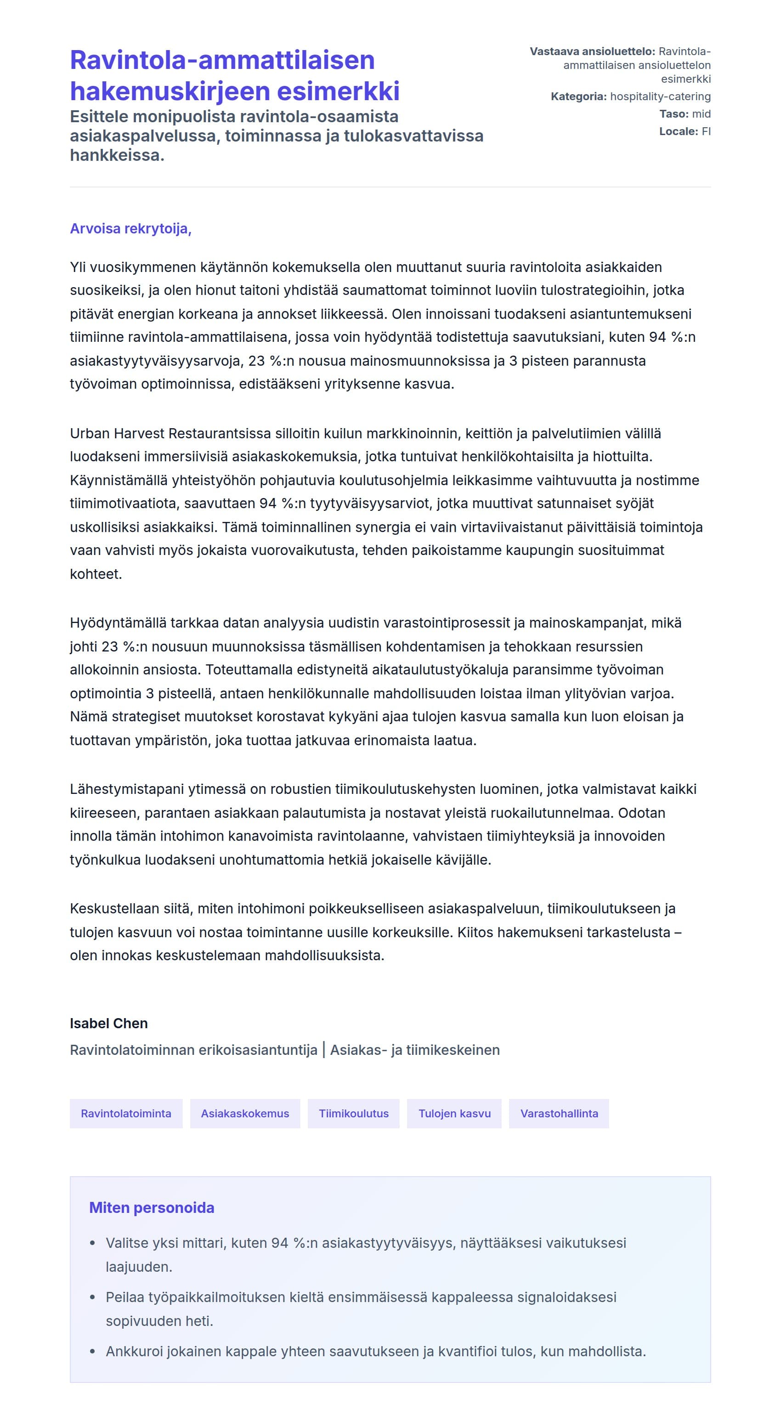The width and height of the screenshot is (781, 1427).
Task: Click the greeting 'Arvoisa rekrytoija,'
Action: click(x=131, y=229)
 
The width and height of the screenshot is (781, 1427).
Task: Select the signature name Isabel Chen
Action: click(x=108, y=1023)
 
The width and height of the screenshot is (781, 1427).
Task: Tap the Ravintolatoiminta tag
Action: click(x=126, y=1114)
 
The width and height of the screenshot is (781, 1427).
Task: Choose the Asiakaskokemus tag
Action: click(x=245, y=1114)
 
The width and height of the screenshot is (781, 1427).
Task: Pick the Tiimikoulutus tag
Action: click(x=353, y=1114)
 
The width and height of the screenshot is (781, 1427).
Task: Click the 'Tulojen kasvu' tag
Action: click(x=454, y=1114)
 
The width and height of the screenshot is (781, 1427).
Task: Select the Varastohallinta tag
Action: click(x=559, y=1114)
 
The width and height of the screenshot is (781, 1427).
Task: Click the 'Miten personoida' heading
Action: click(x=152, y=1208)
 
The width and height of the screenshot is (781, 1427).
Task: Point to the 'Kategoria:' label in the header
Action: click(x=578, y=96)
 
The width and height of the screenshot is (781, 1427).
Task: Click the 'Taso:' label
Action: click(x=673, y=113)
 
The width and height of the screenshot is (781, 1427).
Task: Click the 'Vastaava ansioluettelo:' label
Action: click(x=592, y=51)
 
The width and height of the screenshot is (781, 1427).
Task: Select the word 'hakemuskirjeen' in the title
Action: click(x=170, y=91)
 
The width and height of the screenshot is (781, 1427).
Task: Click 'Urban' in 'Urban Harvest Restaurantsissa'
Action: click(x=90, y=433)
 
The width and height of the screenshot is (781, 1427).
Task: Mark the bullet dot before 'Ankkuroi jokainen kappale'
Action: click(x=92, y=1352)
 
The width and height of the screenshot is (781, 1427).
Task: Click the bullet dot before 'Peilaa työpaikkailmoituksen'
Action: click(x=92, y=1297)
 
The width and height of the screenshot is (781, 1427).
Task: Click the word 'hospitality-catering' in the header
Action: click(x=660, y=96)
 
